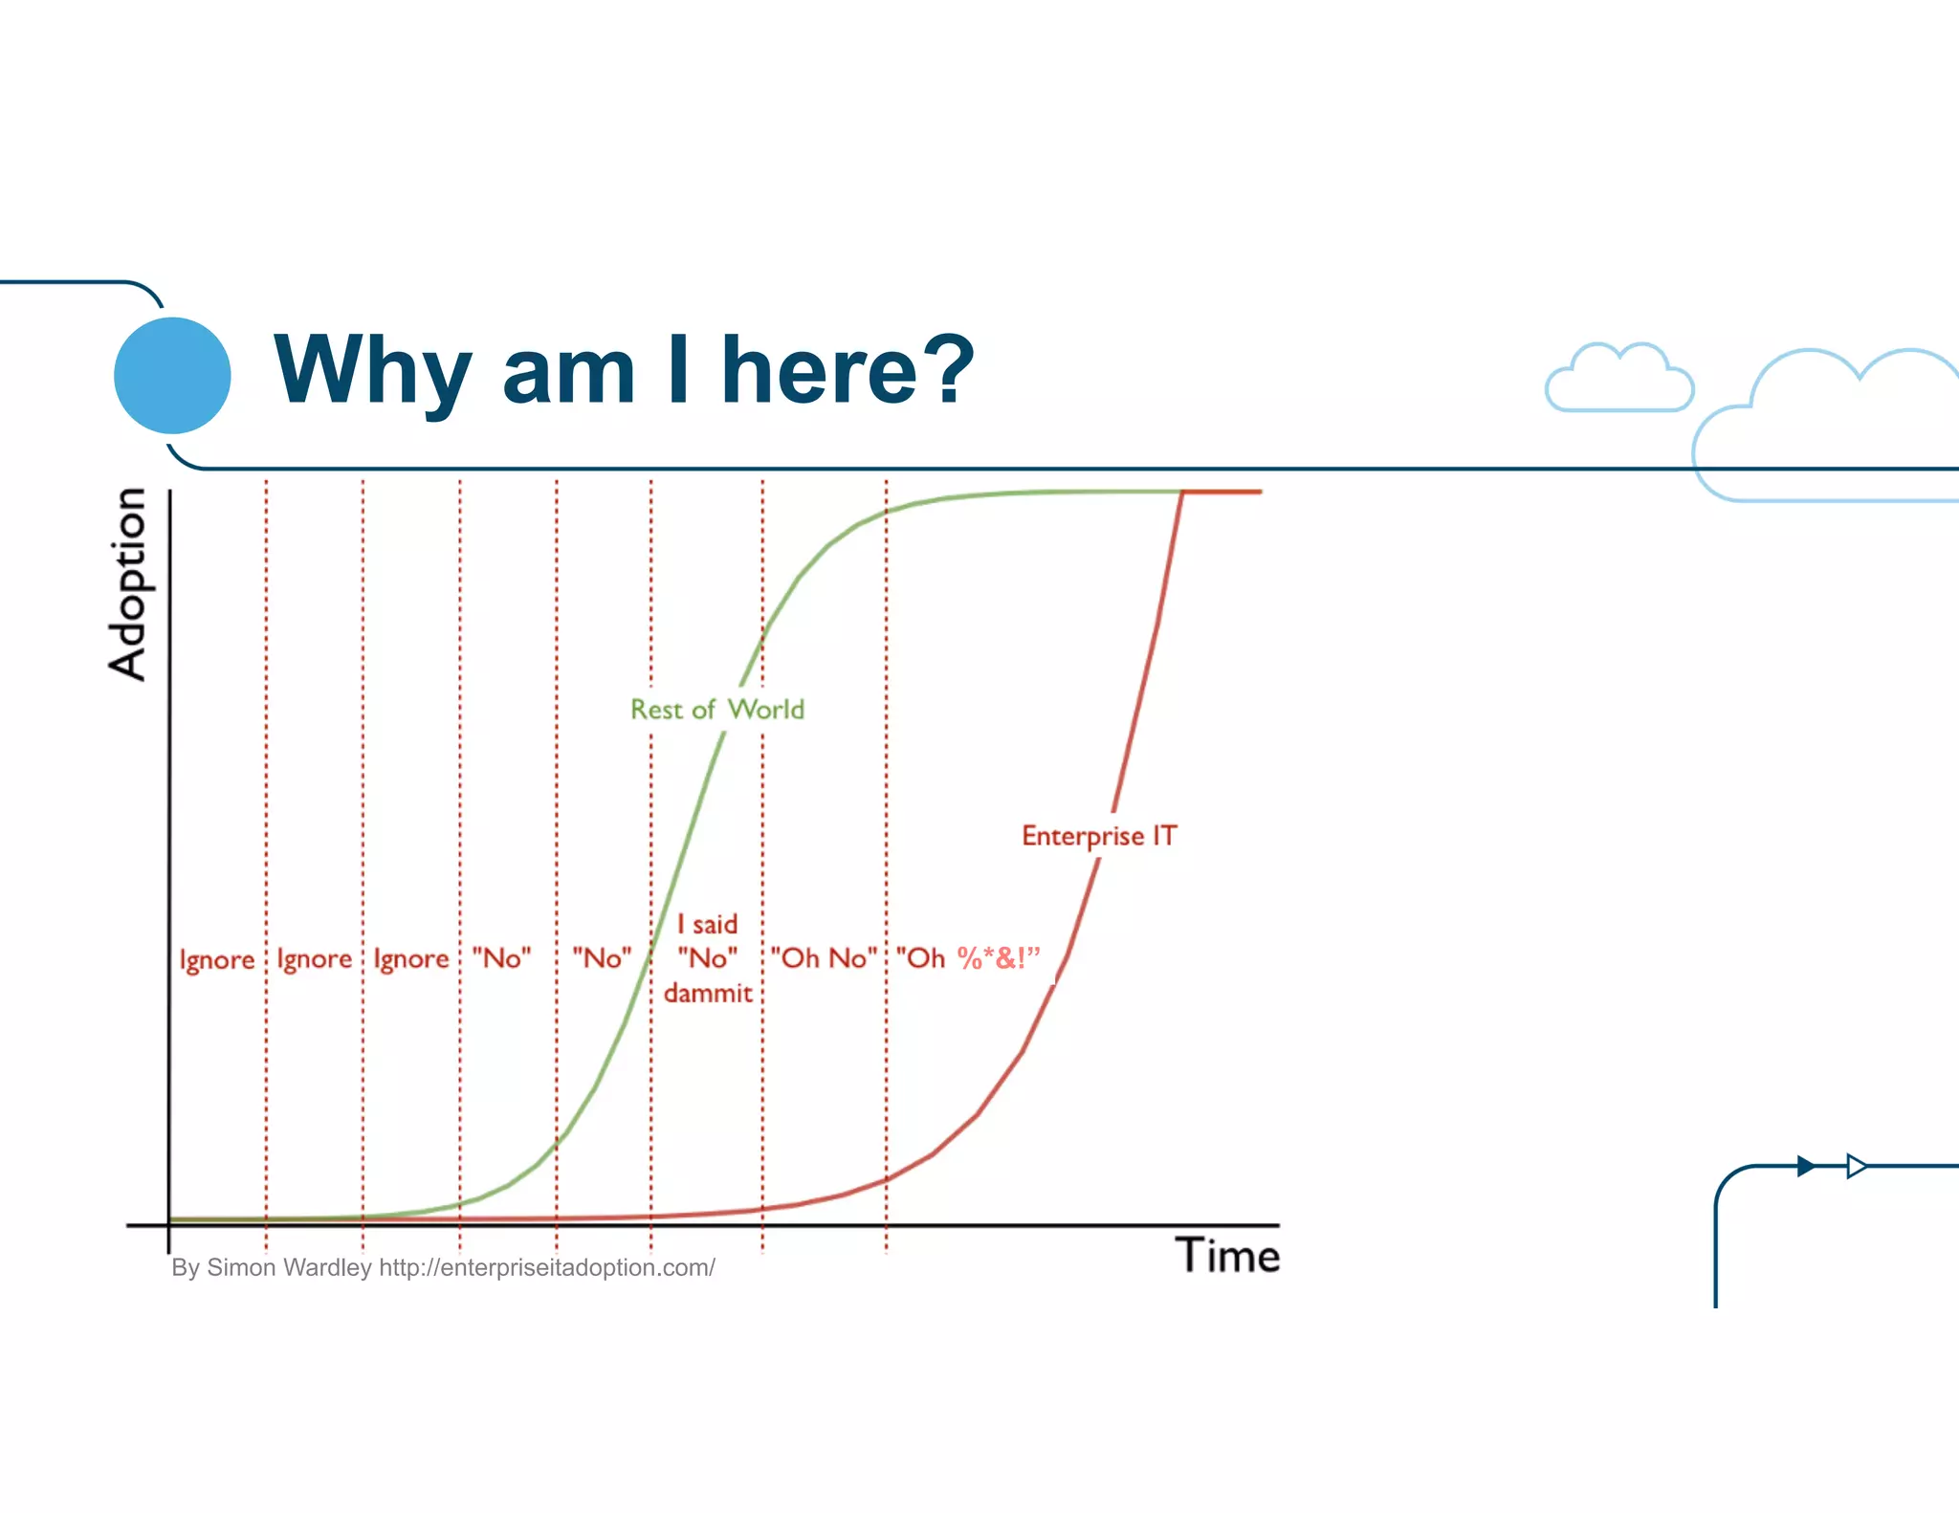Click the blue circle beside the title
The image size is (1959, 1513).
pos(172,375)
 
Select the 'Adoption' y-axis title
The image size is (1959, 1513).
pos(127,584)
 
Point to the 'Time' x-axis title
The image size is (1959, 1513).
pos(1227,1255)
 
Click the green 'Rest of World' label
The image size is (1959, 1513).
pos(717,710)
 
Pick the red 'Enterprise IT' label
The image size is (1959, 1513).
pos(1099,836)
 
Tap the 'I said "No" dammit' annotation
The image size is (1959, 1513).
pos(708,958)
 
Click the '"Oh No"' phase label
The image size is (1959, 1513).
pos(824,958)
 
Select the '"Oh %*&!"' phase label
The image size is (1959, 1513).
pos(967,958)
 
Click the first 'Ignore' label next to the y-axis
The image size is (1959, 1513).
pos(217,959)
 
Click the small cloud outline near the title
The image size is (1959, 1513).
pos(1619,379)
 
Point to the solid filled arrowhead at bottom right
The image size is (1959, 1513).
pos(1805,1166)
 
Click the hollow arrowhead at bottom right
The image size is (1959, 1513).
pos(1856,1166)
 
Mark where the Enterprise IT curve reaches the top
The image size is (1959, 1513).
pos(1183,492)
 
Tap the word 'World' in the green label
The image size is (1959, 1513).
pos(766,710)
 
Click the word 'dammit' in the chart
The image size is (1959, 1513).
pos(708,994)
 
